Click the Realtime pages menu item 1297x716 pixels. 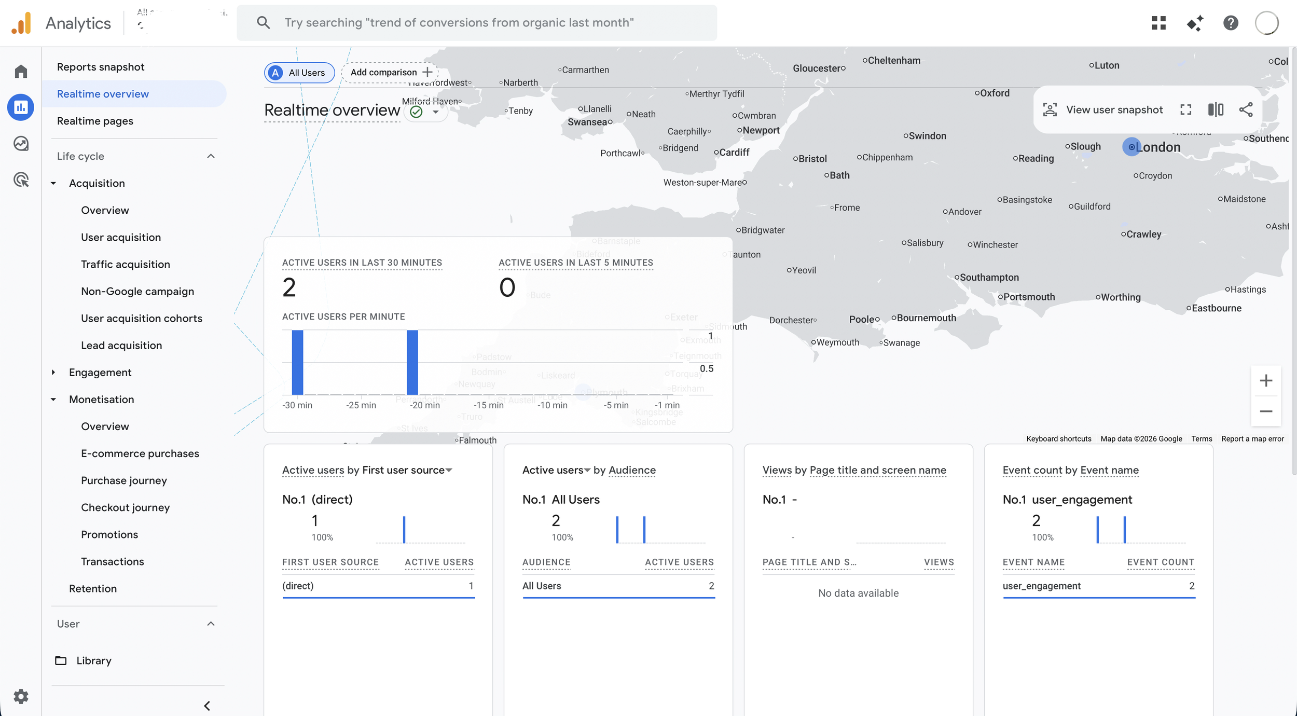(95, 121)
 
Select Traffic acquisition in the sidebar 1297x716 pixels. (125, 264)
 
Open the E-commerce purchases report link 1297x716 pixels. (140, 453)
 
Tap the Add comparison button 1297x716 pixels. (390, 72)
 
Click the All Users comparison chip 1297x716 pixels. (299, 73)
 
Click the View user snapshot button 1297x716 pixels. (1103, 110)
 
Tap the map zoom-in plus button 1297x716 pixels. (1266, 381)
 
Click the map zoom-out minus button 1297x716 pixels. (1266, 411)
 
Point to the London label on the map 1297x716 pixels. (1158, 147)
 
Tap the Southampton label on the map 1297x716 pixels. (989, 278)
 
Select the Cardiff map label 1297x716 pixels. (734, 153)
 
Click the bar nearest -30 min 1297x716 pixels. (297, 362)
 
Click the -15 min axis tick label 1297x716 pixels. (488, 405)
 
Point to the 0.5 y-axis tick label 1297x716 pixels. (707, 369)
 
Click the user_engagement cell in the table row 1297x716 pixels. (1041, 586)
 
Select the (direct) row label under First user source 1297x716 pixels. (298, 586)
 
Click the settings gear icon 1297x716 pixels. (21, 696)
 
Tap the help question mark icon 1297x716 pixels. (1231, 23)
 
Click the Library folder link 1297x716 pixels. (93, 660)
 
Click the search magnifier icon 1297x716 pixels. (264, 23)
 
